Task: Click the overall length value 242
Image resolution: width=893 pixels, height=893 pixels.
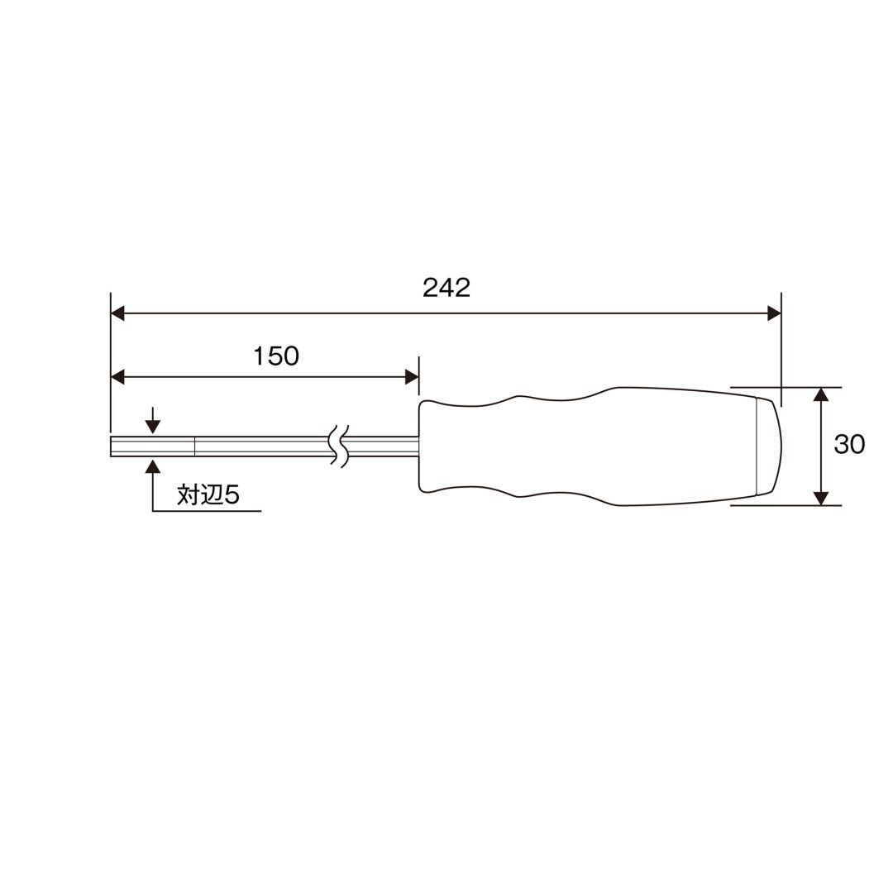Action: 446,289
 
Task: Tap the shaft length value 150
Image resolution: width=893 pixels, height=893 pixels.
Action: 276,356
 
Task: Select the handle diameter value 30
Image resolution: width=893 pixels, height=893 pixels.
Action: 849,444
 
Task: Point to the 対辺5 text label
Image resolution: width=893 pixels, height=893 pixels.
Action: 208,494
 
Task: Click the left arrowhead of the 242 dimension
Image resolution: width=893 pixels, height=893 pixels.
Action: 117,313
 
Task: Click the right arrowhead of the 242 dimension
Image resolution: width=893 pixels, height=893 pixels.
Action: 774,313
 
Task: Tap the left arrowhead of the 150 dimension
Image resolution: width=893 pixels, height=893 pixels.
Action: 117,377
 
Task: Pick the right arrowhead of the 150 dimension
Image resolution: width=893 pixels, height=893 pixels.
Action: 412,377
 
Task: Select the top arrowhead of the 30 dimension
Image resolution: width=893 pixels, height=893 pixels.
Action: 821,394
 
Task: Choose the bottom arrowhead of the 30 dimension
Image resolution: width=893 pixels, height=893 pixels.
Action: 821,498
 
